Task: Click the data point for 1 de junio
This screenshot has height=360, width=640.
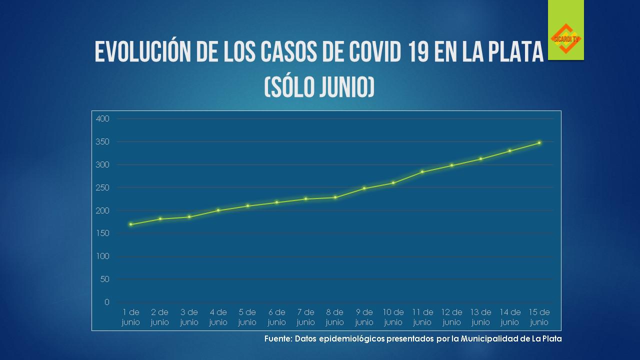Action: coord(130,224)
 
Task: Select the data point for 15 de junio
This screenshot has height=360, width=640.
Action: coord(539,143)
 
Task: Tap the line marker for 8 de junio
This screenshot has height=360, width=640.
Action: coord(335,197)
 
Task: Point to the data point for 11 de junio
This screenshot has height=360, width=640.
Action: coord(422,172)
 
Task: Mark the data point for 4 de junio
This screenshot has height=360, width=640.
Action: coord(218,210)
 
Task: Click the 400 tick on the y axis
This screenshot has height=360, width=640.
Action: coord(102,119)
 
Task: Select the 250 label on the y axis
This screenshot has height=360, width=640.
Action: coord(102,187)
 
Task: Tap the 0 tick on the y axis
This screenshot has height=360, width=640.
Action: coord(106,302)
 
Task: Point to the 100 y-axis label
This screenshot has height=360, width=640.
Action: coord(102,256)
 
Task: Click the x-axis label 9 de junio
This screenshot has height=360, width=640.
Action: coord(364,317)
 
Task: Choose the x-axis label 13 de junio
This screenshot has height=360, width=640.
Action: coord(481,317)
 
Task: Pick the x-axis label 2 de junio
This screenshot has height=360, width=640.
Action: coord(160,317)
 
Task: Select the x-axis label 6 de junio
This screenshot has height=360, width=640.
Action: coord(276,317)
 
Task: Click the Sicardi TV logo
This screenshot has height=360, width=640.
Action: coord(565,38)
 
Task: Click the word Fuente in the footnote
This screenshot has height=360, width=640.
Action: coord(277,339)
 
